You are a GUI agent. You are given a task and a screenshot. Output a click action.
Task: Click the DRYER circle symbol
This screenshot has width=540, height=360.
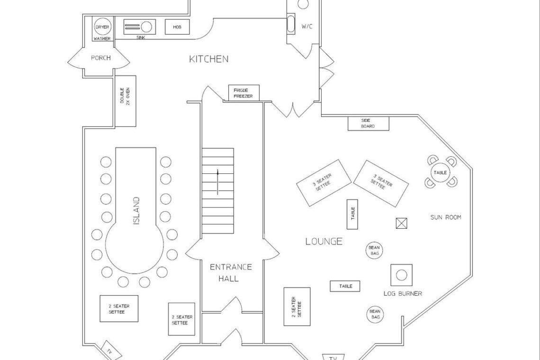[x=102, y=27]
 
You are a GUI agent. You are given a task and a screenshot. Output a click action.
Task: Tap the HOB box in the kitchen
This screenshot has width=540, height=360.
[x=177, y=27]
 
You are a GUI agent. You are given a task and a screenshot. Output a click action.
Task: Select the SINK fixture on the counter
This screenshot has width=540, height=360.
[x=140, y=27]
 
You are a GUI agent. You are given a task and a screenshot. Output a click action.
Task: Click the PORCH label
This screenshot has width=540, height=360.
[x=100, y=58]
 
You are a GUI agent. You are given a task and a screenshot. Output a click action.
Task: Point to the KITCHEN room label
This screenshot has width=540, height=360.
[x=209, y=59]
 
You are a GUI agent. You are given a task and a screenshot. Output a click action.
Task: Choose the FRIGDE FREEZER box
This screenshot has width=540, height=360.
[x=243, y=93]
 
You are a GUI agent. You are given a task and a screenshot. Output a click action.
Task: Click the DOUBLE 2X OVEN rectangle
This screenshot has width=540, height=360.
[x=126, y=101]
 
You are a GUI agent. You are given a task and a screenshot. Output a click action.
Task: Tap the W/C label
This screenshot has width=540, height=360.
[x=307, y=27]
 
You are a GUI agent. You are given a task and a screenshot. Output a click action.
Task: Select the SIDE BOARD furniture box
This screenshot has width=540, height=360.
[x=368, y=123]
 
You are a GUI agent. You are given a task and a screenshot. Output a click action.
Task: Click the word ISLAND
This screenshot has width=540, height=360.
[x=136, y=211]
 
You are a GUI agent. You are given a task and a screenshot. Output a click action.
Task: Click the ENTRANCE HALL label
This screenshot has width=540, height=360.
[x=231, y=272]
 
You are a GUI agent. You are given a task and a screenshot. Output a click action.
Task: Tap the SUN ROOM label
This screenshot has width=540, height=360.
[x=445, y=217]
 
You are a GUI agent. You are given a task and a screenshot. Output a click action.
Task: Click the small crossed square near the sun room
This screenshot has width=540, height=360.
[x=402, y=223]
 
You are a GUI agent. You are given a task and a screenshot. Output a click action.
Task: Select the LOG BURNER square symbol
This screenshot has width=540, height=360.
[x=401, y=275]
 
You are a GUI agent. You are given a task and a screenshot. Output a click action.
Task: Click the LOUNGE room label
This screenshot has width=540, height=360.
[x=324, y=242]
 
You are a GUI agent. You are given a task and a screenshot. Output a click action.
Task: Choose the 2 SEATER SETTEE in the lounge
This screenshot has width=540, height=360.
[x=297, y=306]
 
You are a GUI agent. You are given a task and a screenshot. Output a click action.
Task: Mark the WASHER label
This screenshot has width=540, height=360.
[x=102, y=39]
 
